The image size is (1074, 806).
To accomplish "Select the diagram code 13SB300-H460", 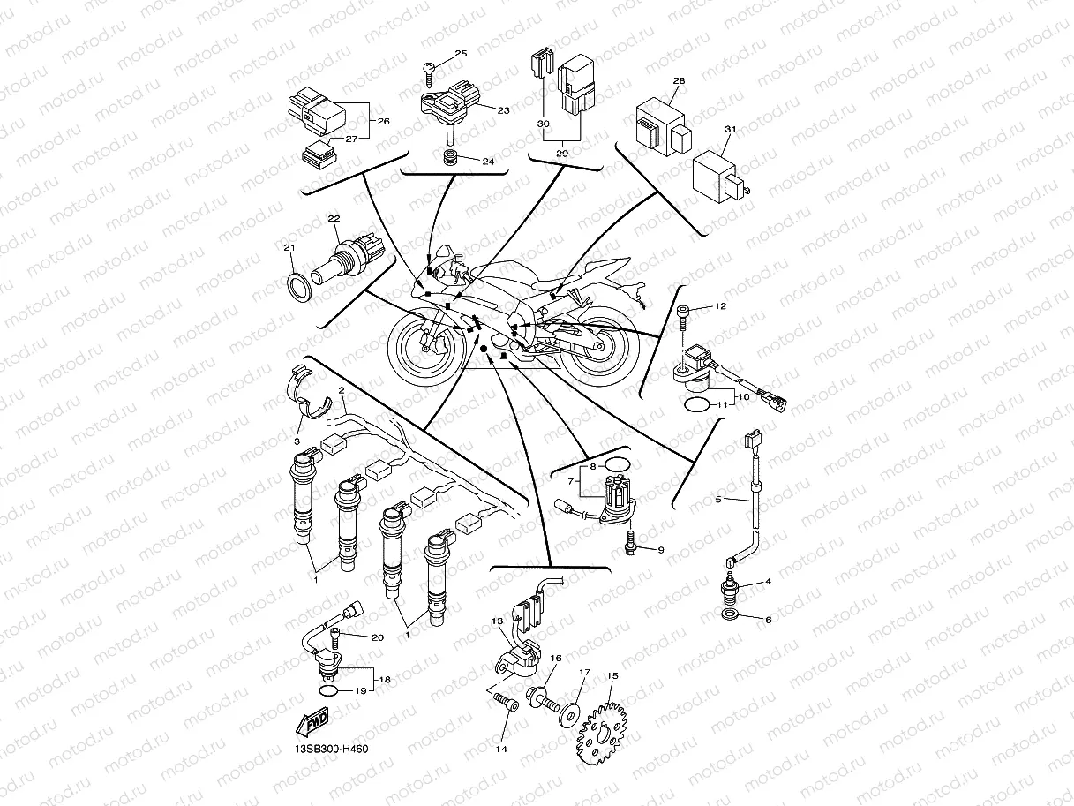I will pyautogui.click(x=331, y=750).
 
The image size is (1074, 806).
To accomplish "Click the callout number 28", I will pyautogui.click(x=678, y=81).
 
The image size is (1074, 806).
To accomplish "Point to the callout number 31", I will pyautogui.click(x=730, y=130).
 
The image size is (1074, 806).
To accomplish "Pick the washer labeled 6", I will pyautogui.click(x=732, y=614).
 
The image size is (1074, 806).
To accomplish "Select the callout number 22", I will pyautogui.click(x=334, y=219).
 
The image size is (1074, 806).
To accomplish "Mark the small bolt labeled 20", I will pyautogui.click(x=335, y=634).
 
